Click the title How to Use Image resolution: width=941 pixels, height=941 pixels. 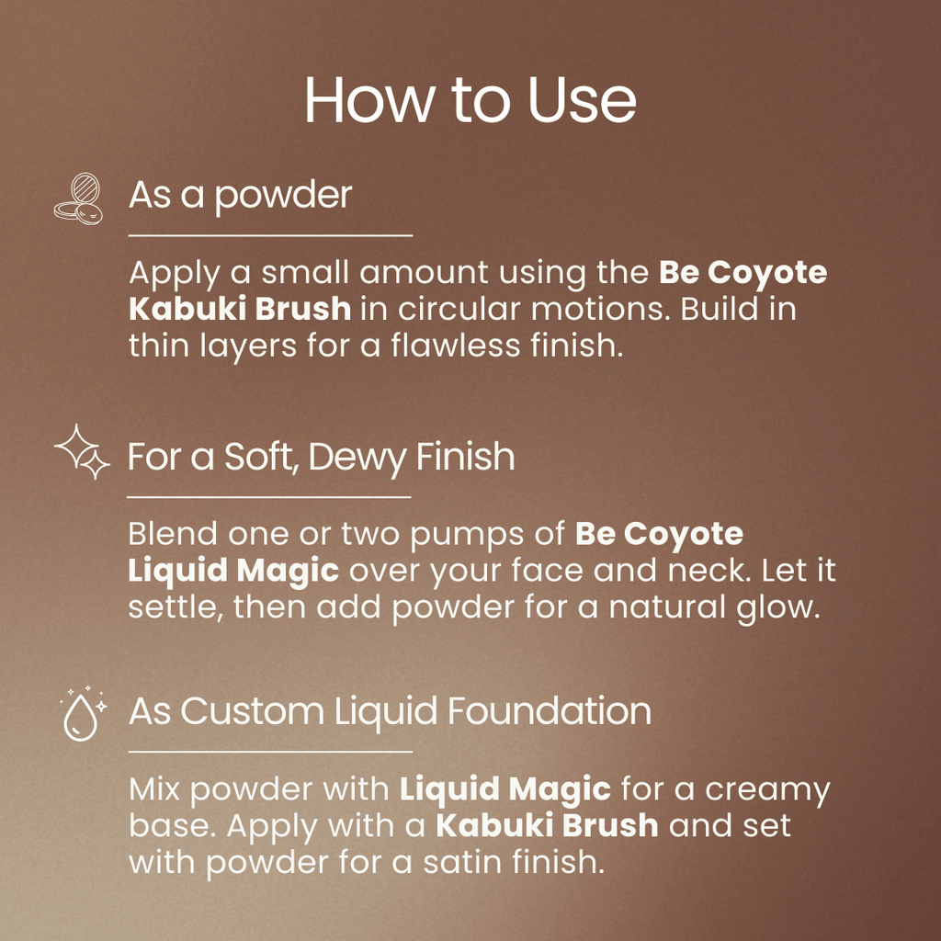tap(470, 100)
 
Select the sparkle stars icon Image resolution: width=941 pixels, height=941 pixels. tap(82, 451)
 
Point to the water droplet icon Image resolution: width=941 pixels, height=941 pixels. tap(82, 712)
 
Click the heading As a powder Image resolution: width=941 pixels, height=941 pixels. tap(240, 196)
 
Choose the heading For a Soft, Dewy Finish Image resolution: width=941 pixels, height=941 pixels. tap(321, 457)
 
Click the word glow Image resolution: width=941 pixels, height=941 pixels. tap(777, 607)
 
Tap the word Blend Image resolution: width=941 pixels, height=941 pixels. tap(173, 533)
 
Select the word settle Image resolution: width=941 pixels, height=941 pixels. tap(173, 607)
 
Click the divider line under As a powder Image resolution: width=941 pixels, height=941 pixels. tap(270, 236)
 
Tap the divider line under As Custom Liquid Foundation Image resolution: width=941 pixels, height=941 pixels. tap(270, 751)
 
